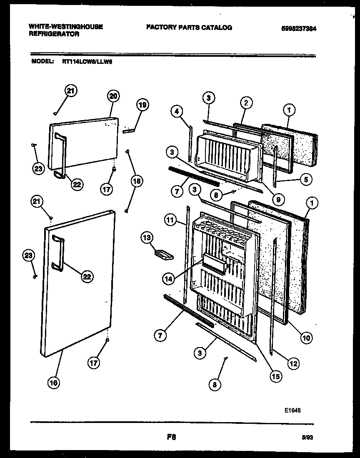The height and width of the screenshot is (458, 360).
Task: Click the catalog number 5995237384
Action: [x=299, y=28]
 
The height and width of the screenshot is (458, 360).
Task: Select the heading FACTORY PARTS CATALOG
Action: [x=189, y=28]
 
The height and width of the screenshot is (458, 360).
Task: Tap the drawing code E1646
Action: [x=292, y=410]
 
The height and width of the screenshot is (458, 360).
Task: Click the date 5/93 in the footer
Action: [x=307, y=437]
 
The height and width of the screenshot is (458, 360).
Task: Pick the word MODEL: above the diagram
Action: [x=43, y=61]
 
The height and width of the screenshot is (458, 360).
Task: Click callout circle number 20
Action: [x=113, y=96]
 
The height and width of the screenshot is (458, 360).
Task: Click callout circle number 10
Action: [x=306, y=338]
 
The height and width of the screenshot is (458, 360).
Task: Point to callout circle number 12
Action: [x=294, y=363]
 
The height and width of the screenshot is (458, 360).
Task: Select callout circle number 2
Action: [x=246, y=102]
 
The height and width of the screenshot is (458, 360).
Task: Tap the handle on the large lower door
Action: [x=58, y=253]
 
